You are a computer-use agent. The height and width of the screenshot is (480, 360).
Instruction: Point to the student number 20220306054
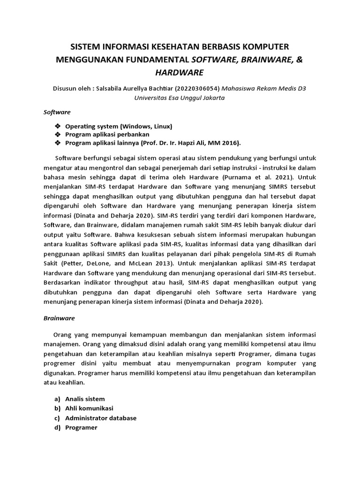pyautogui.click(x=196, y=88)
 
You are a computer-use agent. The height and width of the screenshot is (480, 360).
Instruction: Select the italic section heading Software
pyautogui.click(x=57, y=112)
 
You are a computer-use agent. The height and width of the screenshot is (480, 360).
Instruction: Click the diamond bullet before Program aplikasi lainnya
pyautogui.click(x=58, y=142)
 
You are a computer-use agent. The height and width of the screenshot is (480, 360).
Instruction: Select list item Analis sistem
pyautogui.click(x=85, y=398)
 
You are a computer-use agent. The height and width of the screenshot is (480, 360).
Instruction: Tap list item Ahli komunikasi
pyautogui.click(x=89, y=408)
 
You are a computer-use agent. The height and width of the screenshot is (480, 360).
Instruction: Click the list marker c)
pyautogui.click(x=57, y=418)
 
